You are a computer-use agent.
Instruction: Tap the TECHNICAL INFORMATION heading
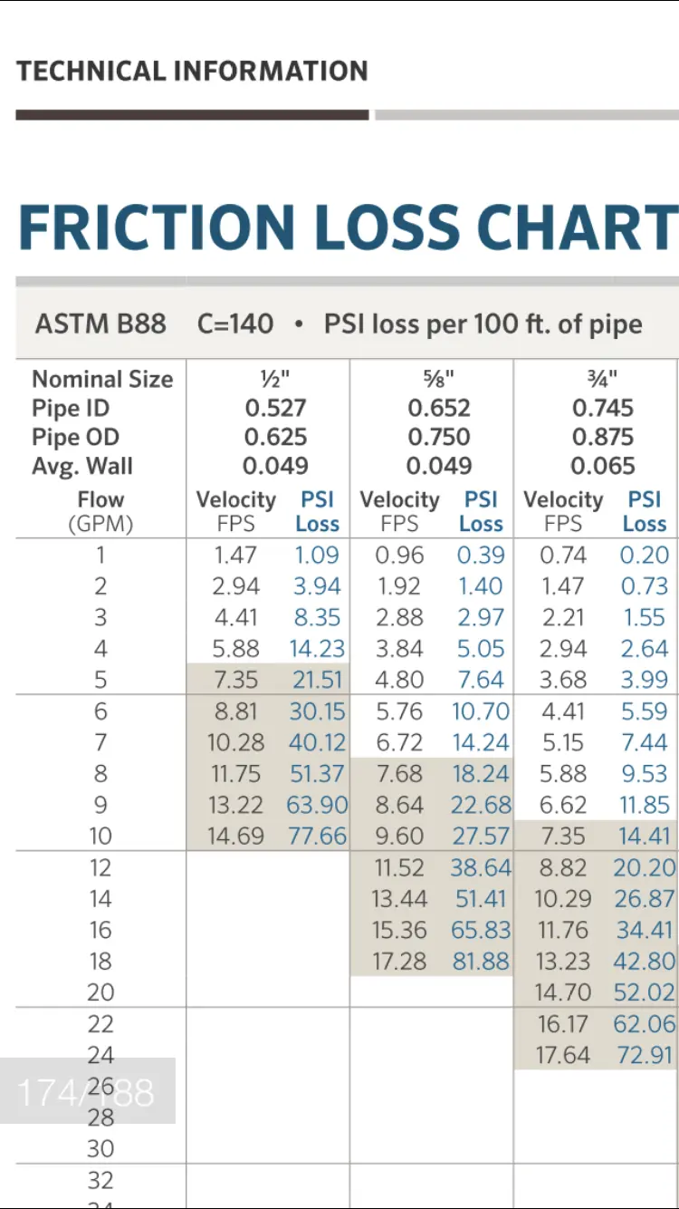[x=192, y=71]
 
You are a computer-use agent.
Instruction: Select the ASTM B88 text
[x=100, y=324]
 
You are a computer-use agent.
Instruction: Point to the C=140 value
[x=235, y=324]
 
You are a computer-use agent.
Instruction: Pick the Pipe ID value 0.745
[x=603, y=409]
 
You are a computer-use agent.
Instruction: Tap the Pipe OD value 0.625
[x=275, y=438]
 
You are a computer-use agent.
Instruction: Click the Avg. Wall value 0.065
[x=603, y=467]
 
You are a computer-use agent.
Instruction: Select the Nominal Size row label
[x=102, y=380]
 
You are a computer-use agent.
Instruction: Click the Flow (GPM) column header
[x=100, y=511]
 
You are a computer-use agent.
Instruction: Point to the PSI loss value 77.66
[x=318, y=837]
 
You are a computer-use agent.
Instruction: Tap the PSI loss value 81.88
[x=481, y=962]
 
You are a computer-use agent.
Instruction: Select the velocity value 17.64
[x=563, y=1055]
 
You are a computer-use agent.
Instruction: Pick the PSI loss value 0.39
[x=481, y=556]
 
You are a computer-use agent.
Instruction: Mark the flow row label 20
[x=100, y=993]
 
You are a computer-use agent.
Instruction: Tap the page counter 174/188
[x=86, y=1092]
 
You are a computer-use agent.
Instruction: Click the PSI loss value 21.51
[x=318, y=680]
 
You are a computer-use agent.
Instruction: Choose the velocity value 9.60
[x=399, y=837]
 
